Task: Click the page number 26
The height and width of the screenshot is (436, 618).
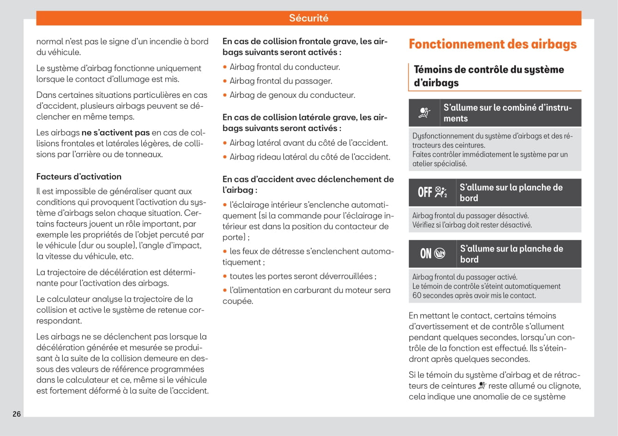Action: tap(17, 414)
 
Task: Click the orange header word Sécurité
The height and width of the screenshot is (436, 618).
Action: tap(309, 18)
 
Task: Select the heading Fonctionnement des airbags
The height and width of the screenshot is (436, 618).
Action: tap(492, 44)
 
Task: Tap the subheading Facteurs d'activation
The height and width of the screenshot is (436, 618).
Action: tap(79, 177)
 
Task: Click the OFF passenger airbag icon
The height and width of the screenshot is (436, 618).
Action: tap(432, 192)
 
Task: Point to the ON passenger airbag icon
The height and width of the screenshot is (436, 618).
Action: tap(432, 253)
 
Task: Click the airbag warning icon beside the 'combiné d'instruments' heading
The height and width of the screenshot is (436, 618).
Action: tap(424, 113)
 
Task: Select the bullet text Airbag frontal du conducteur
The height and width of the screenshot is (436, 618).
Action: tap(285, 67)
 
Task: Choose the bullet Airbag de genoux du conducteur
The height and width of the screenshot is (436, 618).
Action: tap(292, 96)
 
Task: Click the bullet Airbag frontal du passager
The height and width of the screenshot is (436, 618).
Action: tap(281, 81)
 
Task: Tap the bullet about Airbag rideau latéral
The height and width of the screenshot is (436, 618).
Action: tap(310, 157)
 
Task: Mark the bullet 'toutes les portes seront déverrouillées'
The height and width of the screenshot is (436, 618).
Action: tap(303, 276)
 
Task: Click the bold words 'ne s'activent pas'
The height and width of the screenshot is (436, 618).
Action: tap(115, 133)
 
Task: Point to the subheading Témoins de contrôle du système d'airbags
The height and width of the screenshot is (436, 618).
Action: tap(489, 76)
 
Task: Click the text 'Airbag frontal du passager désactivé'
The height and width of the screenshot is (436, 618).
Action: tap(470, 215)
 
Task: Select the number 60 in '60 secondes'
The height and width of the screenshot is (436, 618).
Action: tap(417, 296)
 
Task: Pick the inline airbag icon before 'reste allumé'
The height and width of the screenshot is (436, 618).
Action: tap(482, 386)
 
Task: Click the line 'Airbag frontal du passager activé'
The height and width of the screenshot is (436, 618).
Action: tap(465, 277)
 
